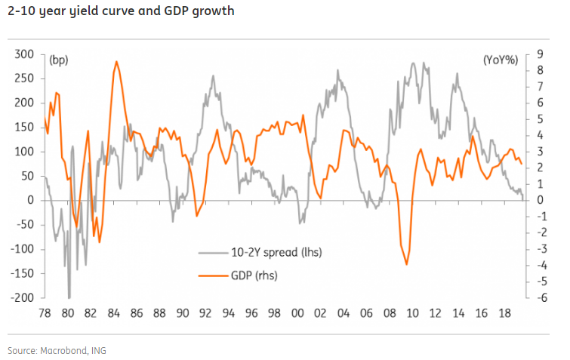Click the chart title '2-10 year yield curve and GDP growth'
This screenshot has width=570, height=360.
point(121,11)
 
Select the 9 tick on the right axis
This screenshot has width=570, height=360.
point(539,54)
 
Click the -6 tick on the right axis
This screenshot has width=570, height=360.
point(538,298)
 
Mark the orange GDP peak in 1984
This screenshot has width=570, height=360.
point(116,62)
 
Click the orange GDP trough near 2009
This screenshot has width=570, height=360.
point(407,264)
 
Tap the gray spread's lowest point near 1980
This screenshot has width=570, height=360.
point(69,297)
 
